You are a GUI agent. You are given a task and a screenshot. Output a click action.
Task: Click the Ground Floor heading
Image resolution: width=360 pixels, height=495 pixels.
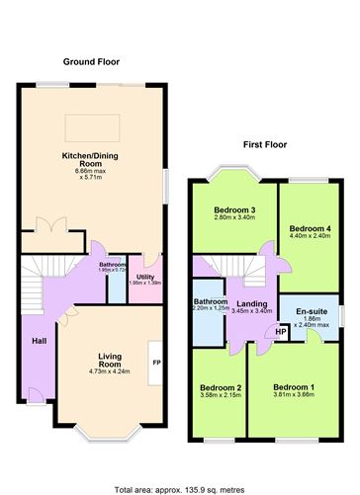pos(91,61)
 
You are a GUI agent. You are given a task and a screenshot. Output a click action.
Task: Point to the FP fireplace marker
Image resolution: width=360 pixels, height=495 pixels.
pos(156,363)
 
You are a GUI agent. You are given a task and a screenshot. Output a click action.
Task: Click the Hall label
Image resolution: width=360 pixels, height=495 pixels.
pos(39,341)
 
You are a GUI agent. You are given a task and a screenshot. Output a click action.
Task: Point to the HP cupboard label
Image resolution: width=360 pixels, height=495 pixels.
pos(281,332)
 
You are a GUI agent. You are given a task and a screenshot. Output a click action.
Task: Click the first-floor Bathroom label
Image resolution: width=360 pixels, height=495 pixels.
pos(211,301)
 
